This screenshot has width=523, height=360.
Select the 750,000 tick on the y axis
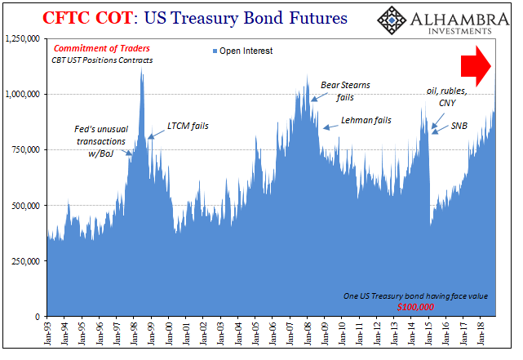pos(27,149)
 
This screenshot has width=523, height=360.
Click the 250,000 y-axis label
pos(27,260)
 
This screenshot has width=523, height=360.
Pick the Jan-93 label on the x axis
pos(49,335)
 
